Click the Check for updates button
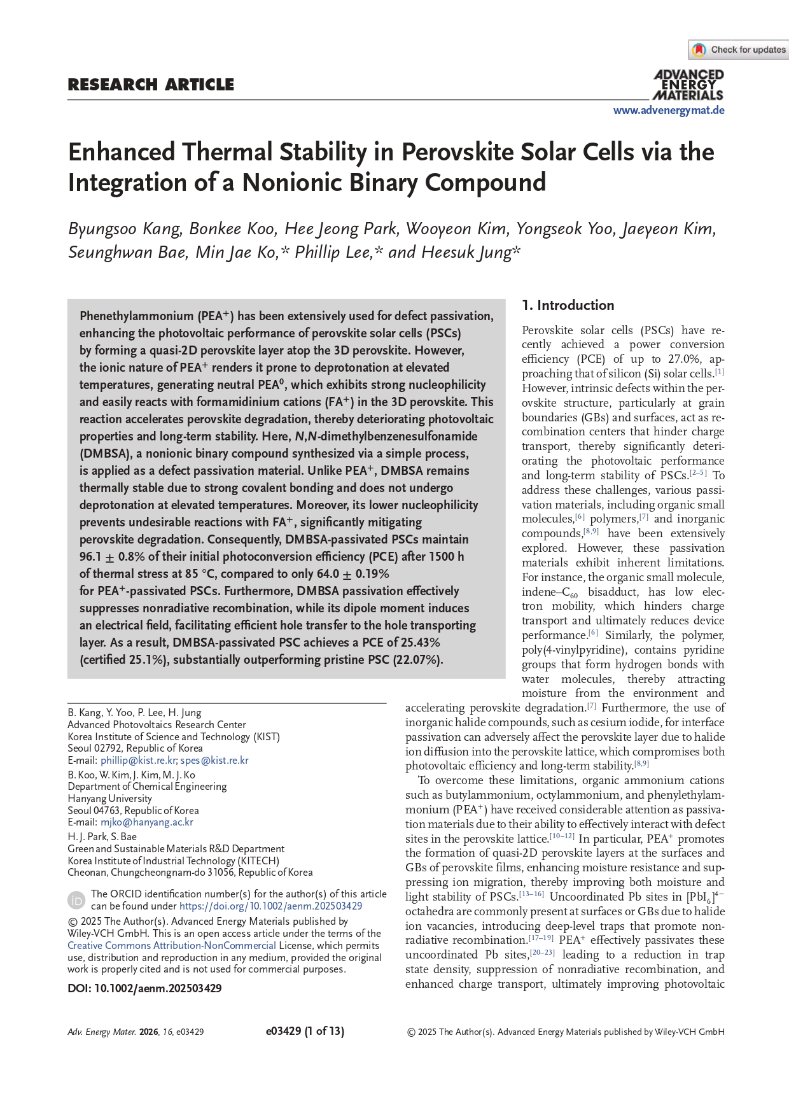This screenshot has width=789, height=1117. (x=739, y=50)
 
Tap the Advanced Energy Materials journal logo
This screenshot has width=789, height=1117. (x=688, y=85)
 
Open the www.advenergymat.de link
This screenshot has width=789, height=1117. (x=669, y=110)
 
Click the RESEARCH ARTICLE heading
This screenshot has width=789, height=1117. (x=151, y=85)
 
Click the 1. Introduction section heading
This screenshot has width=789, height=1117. (x=568, y=306)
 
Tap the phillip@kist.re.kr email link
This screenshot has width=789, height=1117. (x=138, y=760)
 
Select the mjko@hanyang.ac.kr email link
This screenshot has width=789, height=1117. (x=147, y=822)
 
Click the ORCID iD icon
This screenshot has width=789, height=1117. (x=76, y=900)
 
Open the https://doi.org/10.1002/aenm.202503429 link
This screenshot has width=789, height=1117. (x=270, y=906)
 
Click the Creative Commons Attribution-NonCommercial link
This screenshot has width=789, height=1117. (x=172, y=945)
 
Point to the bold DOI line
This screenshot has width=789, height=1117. (x=144, y=988)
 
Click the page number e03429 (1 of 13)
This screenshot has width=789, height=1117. (x=305, y=1031)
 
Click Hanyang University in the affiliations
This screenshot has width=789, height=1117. (x=110, y=798)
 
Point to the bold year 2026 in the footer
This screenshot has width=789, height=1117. (x=149, y=1032)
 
